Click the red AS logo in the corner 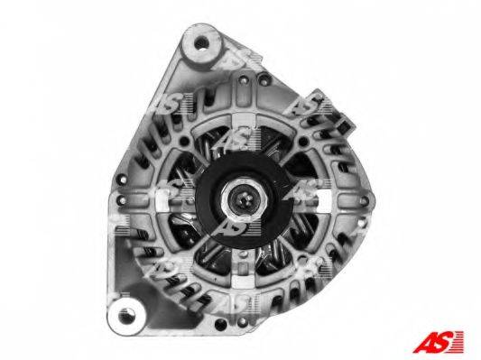click(x=438, y=342)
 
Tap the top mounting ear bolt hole click(x=201, y=42)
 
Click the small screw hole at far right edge click(x=364, y=201)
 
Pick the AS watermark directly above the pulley click(x=236, y=139)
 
